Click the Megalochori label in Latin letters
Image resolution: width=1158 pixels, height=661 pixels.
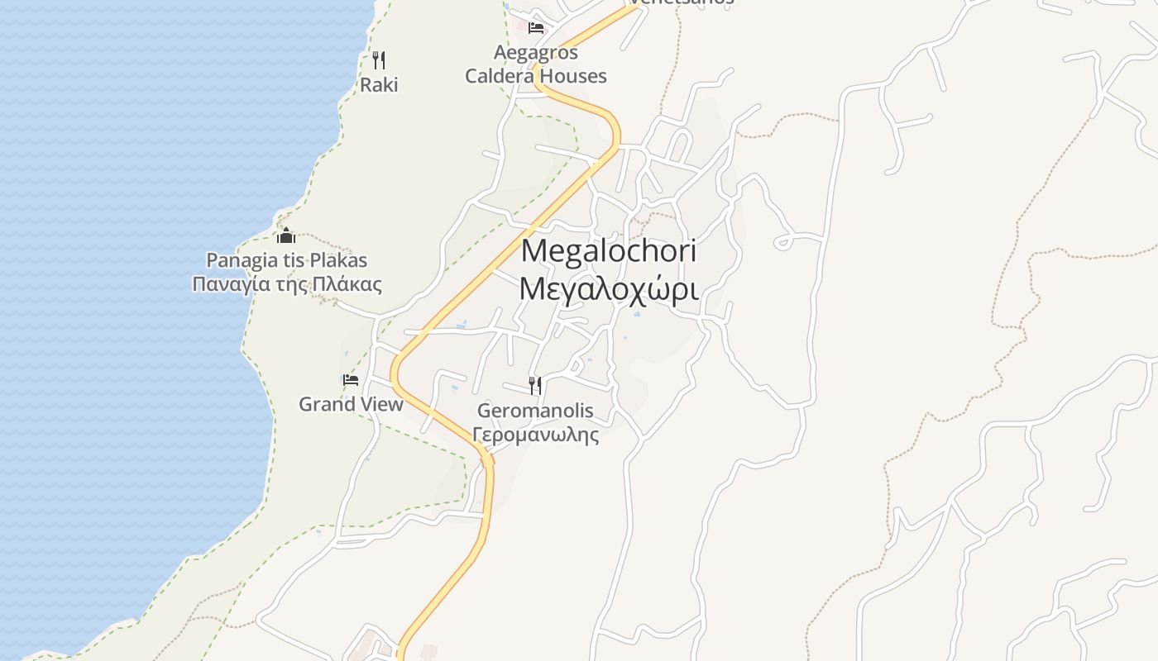pyautogui.click(x=609, y=250)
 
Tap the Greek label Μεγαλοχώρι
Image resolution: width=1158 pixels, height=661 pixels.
pyautogui.click(x=609, y=289)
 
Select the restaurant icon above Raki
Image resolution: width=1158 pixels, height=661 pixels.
pyautogui.click(x=379, y=59)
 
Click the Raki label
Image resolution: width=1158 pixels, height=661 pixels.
pyautogui.click(x=379, y=84)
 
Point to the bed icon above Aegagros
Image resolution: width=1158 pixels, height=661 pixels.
pyautogui.click(x=536, y=27)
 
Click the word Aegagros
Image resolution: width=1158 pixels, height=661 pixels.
pyautogui.click(x=536, y=52)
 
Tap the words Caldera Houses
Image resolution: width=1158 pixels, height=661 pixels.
pyautogui.click(x=536, y=76)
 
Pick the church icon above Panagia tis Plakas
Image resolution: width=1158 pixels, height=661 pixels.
pyautogui.click(x=286, y=236)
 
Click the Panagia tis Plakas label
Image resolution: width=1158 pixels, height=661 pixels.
pyautogui.click(x=286, y=260)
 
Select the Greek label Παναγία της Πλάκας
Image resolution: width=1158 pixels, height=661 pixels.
pyautogui.click(x=287, y=285)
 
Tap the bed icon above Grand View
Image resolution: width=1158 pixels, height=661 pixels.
pyautogui.click(x=351, y=380)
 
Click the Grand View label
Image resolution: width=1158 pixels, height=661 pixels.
pyautogui.click(x=351, y=404)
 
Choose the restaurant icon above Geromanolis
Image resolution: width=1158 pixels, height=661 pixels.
pyautogui.click(x=535, y=385)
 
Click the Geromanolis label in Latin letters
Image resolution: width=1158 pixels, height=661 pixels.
pyautogui.click(x=535, y=411)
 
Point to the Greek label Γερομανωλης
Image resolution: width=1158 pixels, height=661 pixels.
pyautogui.click(x=535, y=435)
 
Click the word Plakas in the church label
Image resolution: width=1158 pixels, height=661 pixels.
pyautogui.click(x=340, y=260)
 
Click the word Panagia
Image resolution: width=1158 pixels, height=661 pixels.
pyautogui.click(x=242, y=260)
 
